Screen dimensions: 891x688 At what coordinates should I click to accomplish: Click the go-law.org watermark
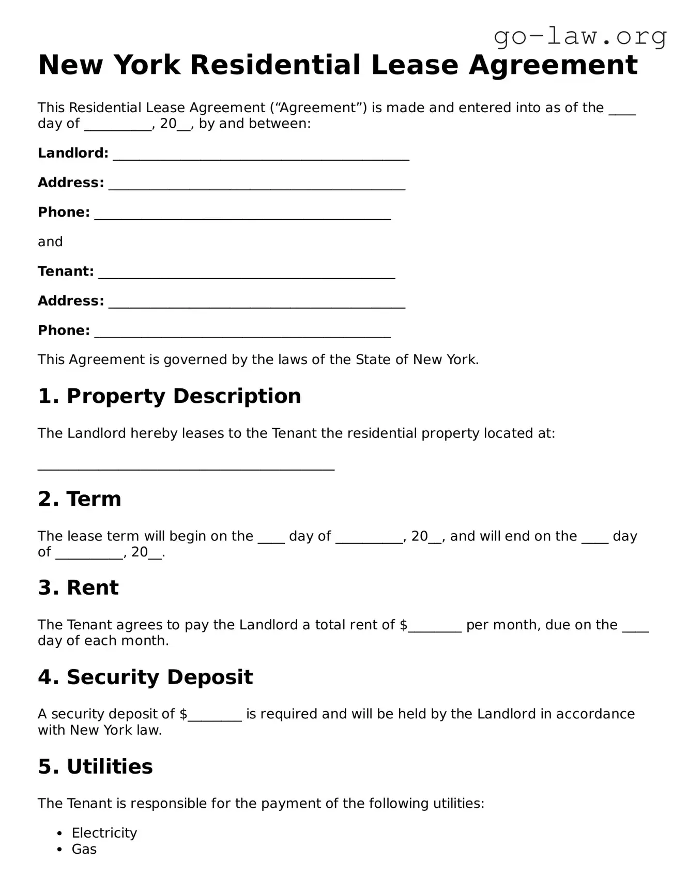(580, 37)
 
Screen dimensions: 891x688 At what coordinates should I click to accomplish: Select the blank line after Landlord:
(261, 155)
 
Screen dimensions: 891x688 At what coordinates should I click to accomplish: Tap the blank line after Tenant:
(247, 274)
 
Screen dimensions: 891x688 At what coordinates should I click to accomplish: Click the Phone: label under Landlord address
(64, 212)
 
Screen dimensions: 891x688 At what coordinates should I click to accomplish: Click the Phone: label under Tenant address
(64, 330)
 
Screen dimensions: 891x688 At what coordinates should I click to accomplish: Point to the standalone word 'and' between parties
(50, 241)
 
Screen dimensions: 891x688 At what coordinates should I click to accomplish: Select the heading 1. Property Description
(169, 396)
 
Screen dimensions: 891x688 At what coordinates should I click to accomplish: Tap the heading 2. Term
(79, 499)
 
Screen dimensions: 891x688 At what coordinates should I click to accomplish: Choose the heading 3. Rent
(78, 588)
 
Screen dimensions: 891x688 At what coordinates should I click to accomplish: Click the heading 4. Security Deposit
(145, 677)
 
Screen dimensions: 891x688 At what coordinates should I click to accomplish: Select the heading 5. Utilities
(95, 766)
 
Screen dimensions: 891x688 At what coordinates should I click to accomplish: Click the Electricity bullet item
(104, 833)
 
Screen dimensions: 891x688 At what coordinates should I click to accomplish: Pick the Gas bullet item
(84, 849)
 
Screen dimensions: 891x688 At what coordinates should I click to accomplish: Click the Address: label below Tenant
(71, 301)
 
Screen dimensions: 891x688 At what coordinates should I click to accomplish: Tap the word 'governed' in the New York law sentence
(195, 360)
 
